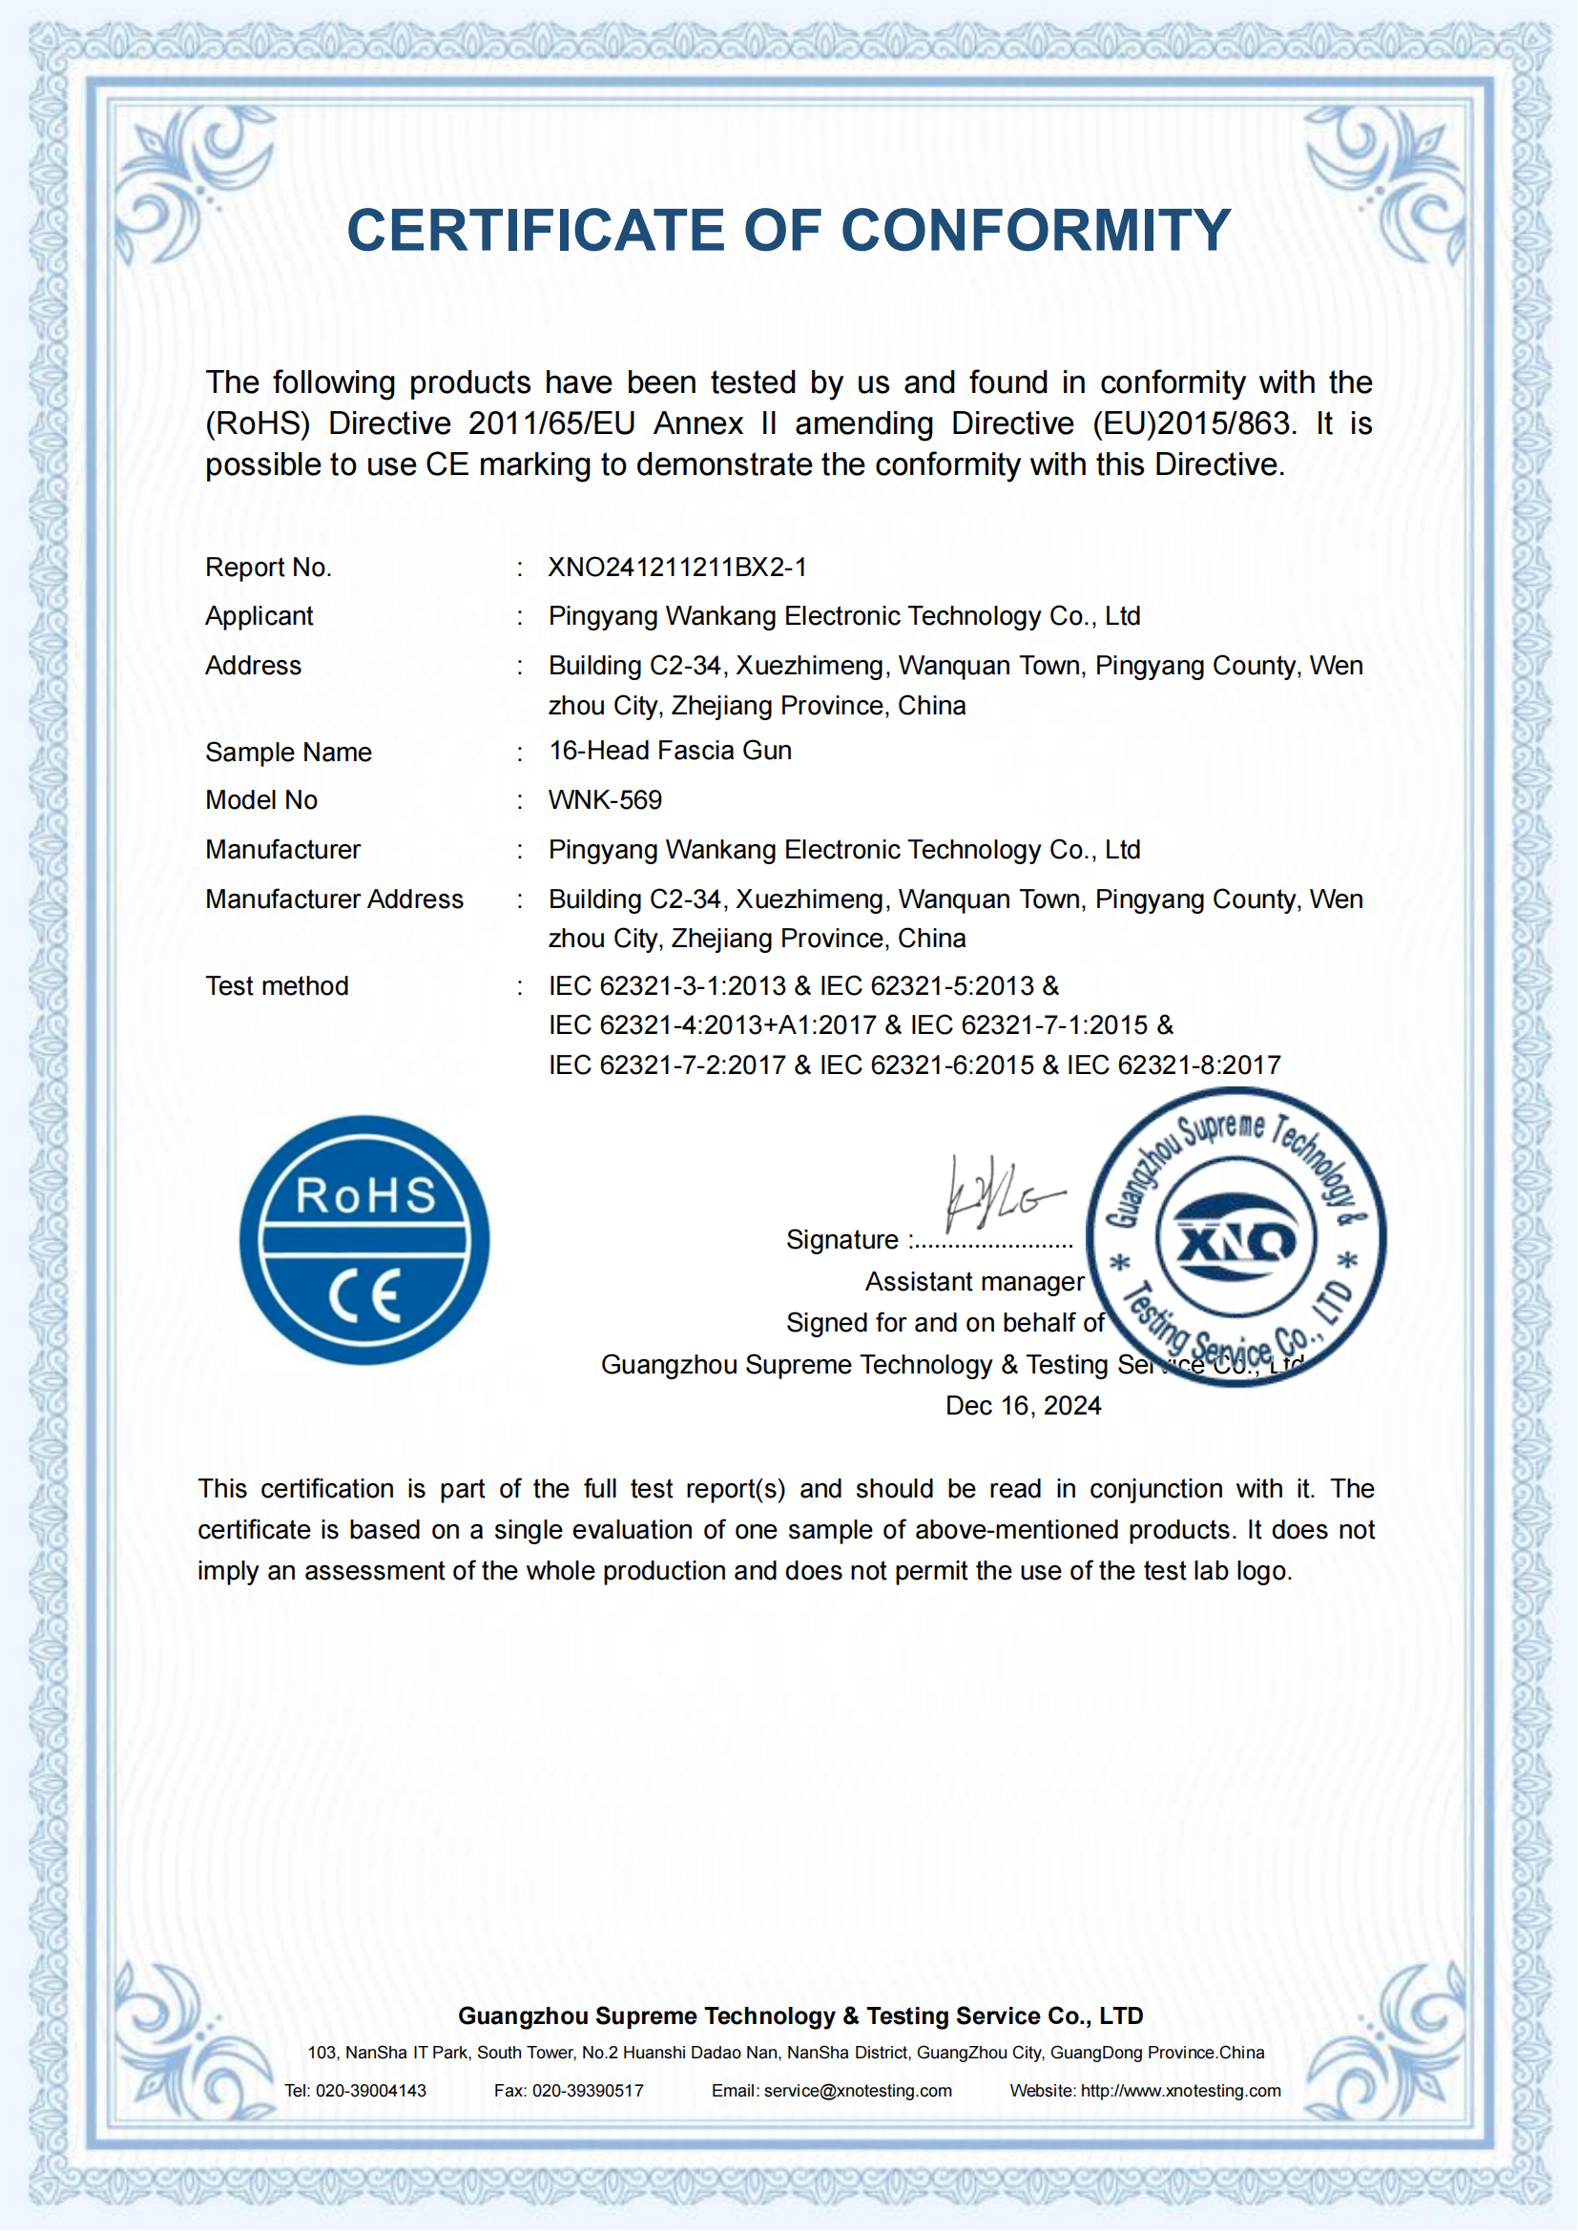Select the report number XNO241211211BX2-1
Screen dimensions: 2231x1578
677,568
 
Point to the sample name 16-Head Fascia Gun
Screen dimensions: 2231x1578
670,750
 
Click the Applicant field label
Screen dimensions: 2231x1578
260,616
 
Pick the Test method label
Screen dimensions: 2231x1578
277,986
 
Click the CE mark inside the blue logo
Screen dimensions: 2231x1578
364,1295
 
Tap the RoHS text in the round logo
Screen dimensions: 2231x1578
365,1196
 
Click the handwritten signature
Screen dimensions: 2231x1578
1001,1193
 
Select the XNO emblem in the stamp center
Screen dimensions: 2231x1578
1235,1239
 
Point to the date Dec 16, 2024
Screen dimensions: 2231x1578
1023,1406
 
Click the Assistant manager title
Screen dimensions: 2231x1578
975,1282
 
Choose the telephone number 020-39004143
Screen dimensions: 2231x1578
371,2091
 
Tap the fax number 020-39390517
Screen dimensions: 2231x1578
588,2091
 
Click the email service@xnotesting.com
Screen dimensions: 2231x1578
858,2091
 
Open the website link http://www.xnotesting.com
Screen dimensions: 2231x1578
1180,2091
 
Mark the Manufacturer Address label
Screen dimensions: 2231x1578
334,899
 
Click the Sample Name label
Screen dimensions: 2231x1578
288,752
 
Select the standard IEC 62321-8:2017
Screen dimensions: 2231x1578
1173,1066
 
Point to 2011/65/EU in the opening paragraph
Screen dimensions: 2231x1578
550,423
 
